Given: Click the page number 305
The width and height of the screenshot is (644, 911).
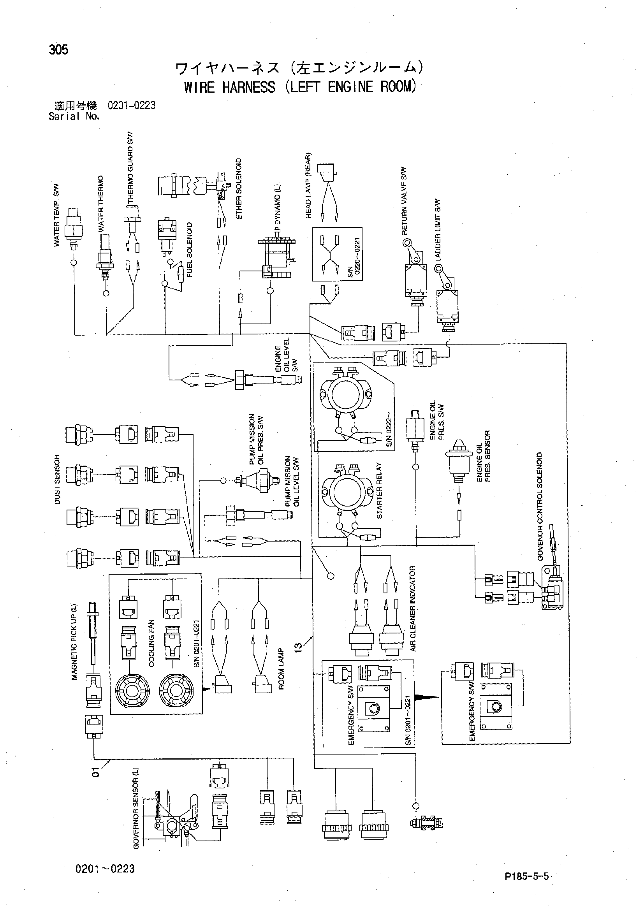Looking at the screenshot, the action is point(58,50).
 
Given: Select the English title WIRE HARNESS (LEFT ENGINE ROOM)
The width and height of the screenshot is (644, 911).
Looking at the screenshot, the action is point(300,86).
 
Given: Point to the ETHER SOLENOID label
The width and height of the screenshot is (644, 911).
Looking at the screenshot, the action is point(238,188).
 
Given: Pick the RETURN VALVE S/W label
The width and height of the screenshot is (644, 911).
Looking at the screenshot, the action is point(404,201).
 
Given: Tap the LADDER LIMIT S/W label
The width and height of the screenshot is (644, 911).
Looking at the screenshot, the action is point(438,230).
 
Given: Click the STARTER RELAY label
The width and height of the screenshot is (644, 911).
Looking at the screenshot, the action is point(379,491).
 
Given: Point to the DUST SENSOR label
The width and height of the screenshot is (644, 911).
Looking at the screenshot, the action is point(57,479).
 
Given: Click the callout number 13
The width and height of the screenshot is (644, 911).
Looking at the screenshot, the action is point(298,647).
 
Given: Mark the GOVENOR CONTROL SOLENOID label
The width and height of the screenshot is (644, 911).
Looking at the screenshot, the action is point(540,506).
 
